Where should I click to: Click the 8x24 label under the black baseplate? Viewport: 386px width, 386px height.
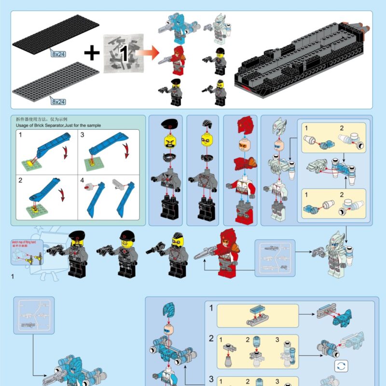pyautogui.click(x=58, y=55)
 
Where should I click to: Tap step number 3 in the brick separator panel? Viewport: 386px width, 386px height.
pyautogui.click(x=82, y=134)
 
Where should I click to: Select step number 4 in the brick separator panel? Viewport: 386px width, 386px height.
pyautogui.click(x=82, y=180)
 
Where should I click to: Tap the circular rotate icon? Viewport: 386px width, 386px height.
pyautogui.click(x=341, y=366)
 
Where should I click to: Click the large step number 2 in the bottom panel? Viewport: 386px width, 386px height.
pyautogui.click(x=211, y=338)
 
